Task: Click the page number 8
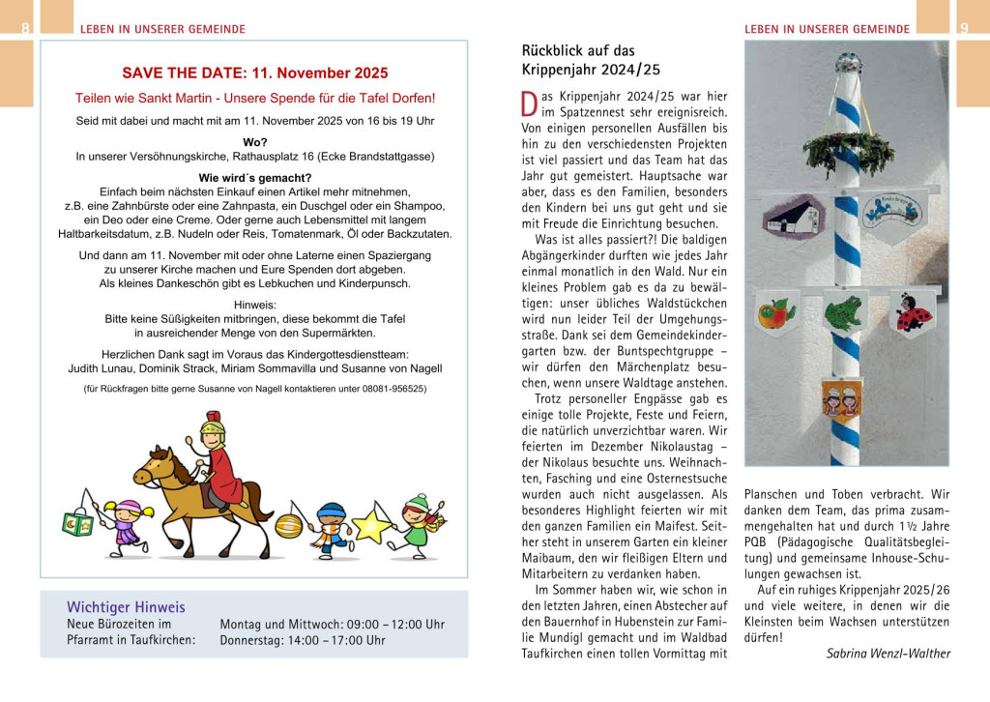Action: click(25, 29)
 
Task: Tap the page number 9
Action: click(964, 29)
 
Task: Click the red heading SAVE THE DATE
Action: click(254, 73)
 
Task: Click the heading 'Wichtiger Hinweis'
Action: click(126, 607)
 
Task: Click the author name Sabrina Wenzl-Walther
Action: click(888, 654)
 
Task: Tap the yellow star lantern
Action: click(371, 526)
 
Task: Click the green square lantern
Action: click(77, 523)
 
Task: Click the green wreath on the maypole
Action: click(848, 152)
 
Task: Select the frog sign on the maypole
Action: click(843, 313)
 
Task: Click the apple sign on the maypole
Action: click(777, 313)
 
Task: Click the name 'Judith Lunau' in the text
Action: click(103, 368)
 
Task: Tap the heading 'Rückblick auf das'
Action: click(578, 50)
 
